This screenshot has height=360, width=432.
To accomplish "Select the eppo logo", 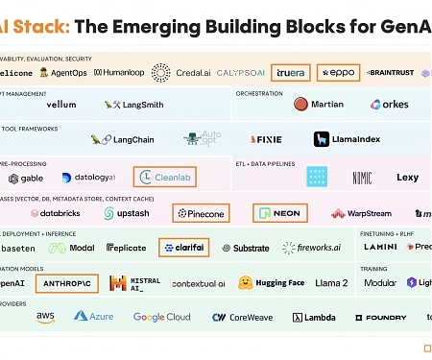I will point(340,72).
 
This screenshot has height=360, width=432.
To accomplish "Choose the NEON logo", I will point(278,212).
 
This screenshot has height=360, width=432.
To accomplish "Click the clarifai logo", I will point(183,247).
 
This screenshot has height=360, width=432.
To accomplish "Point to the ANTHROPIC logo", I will point(67,282).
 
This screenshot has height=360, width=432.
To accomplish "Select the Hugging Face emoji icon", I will point(246,282).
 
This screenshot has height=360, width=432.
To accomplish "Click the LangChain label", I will point(123,139).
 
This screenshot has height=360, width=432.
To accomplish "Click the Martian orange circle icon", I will point(300,104).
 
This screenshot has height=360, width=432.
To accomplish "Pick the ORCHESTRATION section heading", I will point(260,93).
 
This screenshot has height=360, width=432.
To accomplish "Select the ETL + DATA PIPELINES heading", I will point(272,164).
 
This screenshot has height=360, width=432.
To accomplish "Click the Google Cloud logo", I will point(161,317).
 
